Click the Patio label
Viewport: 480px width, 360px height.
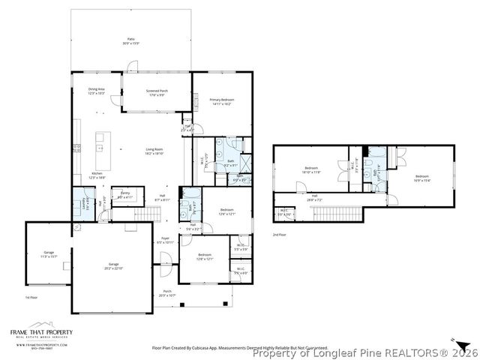130,42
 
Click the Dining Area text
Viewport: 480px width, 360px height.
96,90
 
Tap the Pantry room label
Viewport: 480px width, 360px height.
126,194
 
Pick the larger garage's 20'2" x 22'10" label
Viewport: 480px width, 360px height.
115,265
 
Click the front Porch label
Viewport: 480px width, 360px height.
166,293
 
